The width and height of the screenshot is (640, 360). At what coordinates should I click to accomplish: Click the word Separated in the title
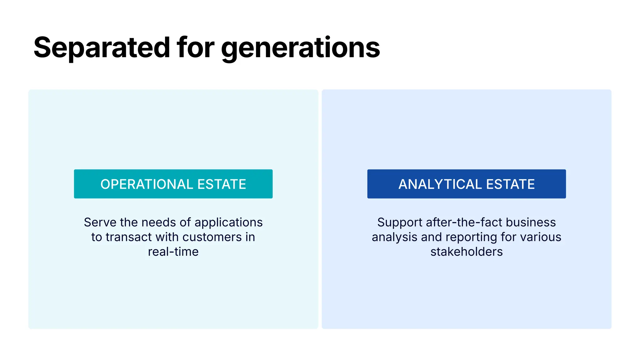tap(102, 47)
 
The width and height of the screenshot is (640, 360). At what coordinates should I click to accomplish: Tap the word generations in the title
tap(300, 47)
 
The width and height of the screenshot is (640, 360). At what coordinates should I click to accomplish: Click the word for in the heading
tap(195, 47)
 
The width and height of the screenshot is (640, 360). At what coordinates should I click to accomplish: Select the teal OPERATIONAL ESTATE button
tap(173, 184)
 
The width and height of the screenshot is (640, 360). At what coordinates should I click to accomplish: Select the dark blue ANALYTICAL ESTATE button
tap(466, 184)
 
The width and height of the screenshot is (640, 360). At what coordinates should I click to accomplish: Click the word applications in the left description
tap(228, 222)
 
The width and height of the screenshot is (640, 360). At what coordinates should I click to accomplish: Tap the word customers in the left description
tap(212, 237)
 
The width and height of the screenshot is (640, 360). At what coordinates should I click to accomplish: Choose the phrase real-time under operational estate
tap(173, 252)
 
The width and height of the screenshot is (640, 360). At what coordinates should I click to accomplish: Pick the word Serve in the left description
tap(100, 222)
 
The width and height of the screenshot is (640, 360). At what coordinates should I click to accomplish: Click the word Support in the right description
tap(400, 222)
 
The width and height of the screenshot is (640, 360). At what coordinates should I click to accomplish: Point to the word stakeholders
tap(466, 252)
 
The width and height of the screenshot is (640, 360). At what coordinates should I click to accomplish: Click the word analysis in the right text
tap(394, 237)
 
